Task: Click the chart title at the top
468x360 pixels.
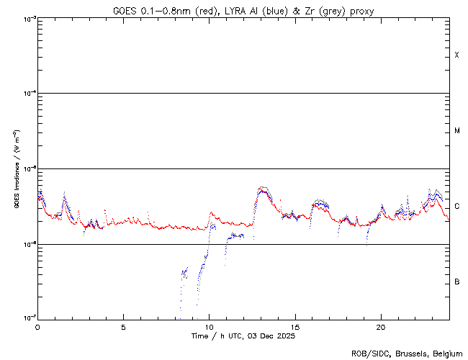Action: tap(243, 11)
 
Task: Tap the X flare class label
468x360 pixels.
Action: tap(457, 55)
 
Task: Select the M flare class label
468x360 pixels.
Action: tap(457, 131)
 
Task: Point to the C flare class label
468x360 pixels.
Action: tap(457, 206)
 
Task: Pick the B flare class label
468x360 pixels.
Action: tap(457, 282)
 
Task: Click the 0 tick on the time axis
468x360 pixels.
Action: tap(37, 326)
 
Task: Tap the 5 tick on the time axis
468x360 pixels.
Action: tap(123, 326)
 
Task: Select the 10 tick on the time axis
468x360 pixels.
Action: tap(209, 326)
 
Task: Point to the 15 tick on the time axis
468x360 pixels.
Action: tap(294, 326)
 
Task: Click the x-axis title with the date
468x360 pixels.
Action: tap(243, 336)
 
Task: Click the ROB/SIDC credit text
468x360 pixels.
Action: tap(407, 354)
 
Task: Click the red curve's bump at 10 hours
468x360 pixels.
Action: tap(211, 213)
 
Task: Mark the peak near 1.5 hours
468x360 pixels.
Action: tap(65, 194)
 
